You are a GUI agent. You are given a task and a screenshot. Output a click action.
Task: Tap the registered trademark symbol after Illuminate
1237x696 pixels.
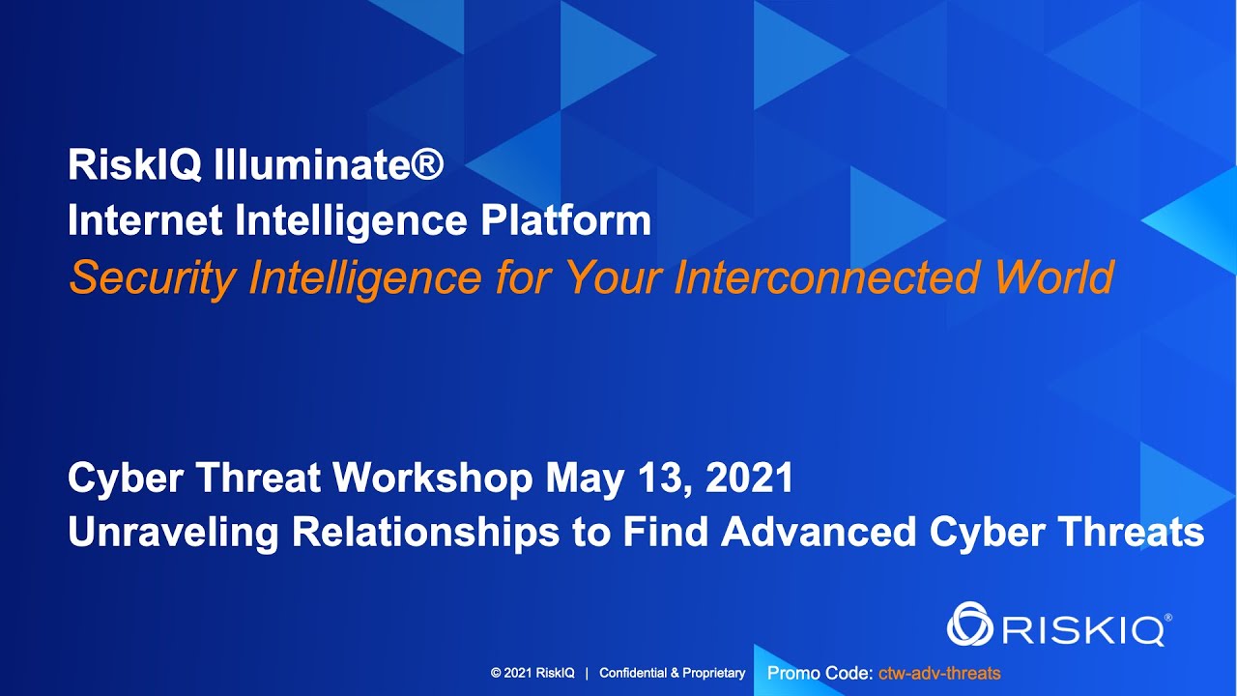tap(427, 163)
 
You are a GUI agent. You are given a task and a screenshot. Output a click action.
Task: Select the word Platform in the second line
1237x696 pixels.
tap(565, 222)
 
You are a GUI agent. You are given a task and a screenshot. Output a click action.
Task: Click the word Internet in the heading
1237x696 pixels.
tap(146, 221)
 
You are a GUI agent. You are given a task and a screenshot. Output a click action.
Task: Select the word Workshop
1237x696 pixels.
tap(432, 478)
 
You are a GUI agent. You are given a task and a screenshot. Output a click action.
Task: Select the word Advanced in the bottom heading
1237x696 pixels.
tap(817, 533)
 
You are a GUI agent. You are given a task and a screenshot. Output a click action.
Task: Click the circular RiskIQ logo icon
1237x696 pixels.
tap(970, 623)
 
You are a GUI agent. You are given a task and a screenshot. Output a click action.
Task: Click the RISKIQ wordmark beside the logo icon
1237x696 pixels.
tap(1083, 629)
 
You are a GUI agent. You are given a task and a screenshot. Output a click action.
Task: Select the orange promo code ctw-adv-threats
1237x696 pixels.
tap(939, 673)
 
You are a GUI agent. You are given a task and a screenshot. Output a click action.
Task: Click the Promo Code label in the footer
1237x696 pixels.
tap(820, 673)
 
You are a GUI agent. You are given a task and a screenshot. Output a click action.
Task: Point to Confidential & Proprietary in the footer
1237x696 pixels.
tap(673, 673)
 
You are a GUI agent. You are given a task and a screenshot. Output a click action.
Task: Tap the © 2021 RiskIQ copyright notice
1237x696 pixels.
tap(532, 673)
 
